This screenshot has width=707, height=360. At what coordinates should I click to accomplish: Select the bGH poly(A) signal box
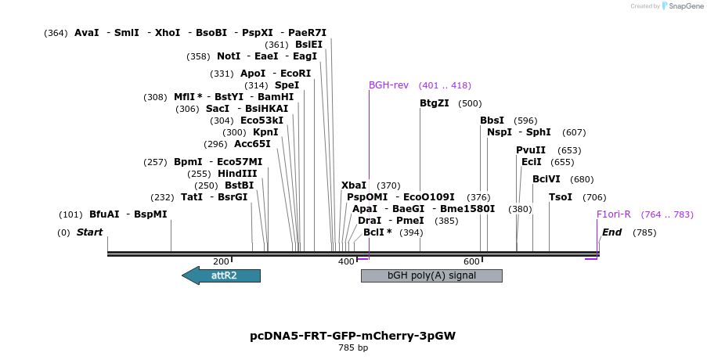(x=431, y=275)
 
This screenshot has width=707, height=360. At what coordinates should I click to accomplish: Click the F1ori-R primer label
(x=613, y=214)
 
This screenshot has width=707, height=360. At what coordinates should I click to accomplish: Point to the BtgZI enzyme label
(x=434, y=103)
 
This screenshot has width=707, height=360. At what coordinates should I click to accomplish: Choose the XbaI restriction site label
(x=353, y=185)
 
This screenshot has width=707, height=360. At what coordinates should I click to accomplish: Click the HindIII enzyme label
(x=237, y=174)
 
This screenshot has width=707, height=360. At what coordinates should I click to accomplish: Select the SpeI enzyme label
(x=287, y=85)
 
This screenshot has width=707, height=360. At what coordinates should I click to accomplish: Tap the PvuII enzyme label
(x=530, y=150)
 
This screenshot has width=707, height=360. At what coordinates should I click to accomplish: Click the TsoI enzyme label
(x=560, y=197)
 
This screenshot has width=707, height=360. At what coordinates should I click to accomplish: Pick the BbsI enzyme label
(x=492, y=121)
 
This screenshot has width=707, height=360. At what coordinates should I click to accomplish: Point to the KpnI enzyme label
(x=265, y=132)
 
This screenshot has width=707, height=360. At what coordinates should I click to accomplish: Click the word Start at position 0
(x=89, y=232)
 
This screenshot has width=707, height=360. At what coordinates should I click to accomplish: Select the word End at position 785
(x=611, y=232)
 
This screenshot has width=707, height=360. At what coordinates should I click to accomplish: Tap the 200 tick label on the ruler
(x=221, y=261)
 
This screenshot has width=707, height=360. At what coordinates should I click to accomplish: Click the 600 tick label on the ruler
(x=471, y=261)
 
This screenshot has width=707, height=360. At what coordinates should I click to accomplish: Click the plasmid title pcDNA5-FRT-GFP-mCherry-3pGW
(x=352, y=336)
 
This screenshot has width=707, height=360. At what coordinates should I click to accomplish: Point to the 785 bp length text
(x=352, y=348)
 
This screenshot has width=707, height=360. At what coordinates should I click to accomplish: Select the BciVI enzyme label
(x=546, y=179)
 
